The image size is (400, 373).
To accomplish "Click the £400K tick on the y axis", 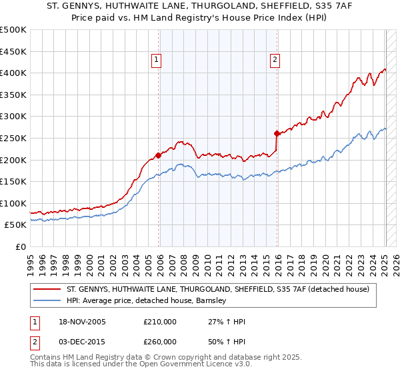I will [x=13, y=73].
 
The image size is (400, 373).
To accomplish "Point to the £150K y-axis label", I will [x=13, y=181].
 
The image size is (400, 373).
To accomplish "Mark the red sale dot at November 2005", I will [x=158, y=155].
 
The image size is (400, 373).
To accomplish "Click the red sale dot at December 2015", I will [x=276, y=133].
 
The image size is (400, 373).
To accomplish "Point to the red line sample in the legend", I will [x=47, y=289].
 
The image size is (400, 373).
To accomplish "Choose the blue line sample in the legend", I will [x=47, y=300].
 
